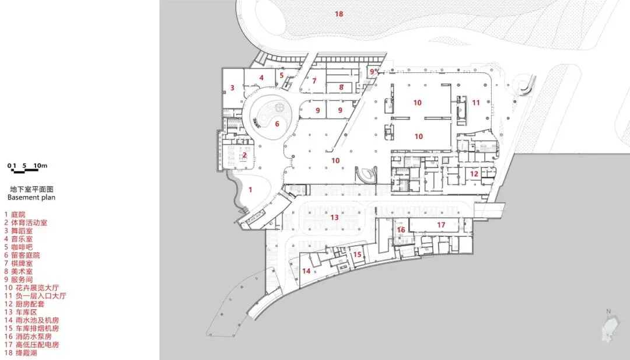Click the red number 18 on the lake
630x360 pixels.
click(x=339, y=13)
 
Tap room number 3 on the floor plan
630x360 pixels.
click(x=232, y=88)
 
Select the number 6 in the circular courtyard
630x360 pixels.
click(x=277, y=123)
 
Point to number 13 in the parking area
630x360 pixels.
click(x=334, y=217)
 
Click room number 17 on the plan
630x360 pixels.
click(x=441, y=225)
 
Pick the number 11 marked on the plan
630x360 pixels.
click(x=476, y=103)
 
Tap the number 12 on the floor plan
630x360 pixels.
click(x=474, y=173)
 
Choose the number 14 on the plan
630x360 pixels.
click(x=306, y=271)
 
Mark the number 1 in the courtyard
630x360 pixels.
click(x=250, y=189)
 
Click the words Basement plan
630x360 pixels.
click(x=32, y=197)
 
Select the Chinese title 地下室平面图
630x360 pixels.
click(x=32, y=189)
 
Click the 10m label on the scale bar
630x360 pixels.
click(x=40, y=166)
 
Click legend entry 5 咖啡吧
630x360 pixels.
click(x=22, y=247)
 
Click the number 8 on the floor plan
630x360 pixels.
click(x=341, y=88)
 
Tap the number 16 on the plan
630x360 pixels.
click(x=401, y=230)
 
